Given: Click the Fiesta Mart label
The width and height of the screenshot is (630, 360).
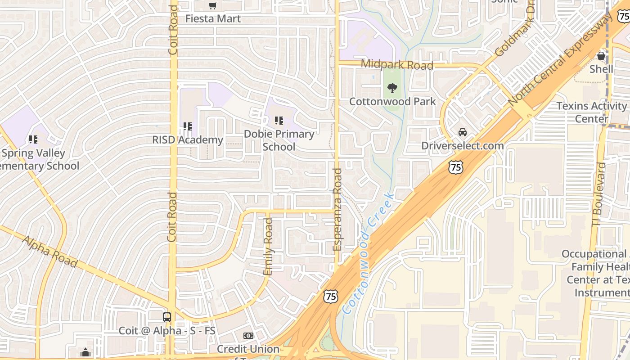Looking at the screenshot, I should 213,19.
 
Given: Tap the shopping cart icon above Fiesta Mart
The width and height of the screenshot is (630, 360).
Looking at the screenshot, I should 213,6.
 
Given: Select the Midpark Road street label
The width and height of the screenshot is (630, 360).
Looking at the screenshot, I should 397,65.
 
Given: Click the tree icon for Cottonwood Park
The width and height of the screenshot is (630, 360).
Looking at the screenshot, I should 392,88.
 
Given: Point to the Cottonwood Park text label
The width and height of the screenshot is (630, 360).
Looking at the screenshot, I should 392,101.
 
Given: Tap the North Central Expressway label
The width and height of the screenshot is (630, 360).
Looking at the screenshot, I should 560,60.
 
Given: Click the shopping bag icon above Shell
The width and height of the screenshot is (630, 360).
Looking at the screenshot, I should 601,56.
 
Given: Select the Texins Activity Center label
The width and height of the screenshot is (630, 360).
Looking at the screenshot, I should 591,112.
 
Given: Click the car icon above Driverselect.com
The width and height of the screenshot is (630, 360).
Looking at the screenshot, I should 462,132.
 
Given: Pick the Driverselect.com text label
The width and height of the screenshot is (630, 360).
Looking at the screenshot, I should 462,146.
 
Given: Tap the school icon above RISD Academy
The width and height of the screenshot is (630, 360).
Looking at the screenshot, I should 188,127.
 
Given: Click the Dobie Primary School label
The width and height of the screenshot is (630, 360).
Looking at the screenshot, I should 279,140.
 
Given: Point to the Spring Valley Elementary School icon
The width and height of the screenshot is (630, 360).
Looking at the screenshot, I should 33,139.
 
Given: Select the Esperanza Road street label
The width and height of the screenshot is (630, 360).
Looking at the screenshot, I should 337,209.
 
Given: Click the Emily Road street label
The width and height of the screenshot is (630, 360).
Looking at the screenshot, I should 268,247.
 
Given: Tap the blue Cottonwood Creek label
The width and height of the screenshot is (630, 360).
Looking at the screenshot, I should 368,253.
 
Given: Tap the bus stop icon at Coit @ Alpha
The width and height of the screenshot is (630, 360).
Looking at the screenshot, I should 167,317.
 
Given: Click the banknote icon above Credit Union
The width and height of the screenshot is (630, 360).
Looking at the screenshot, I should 248,336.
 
